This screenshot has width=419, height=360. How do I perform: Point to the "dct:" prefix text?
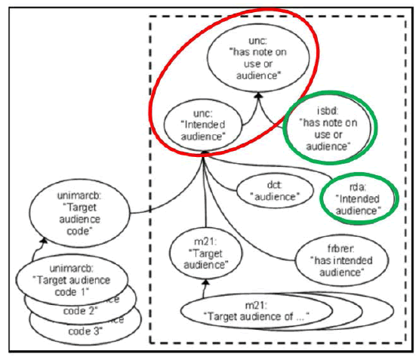click(x=274, y=183)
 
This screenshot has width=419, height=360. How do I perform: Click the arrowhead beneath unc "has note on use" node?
click(x=257, y=95)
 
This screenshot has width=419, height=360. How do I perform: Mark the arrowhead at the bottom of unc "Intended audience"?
click(x=205, y=152)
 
